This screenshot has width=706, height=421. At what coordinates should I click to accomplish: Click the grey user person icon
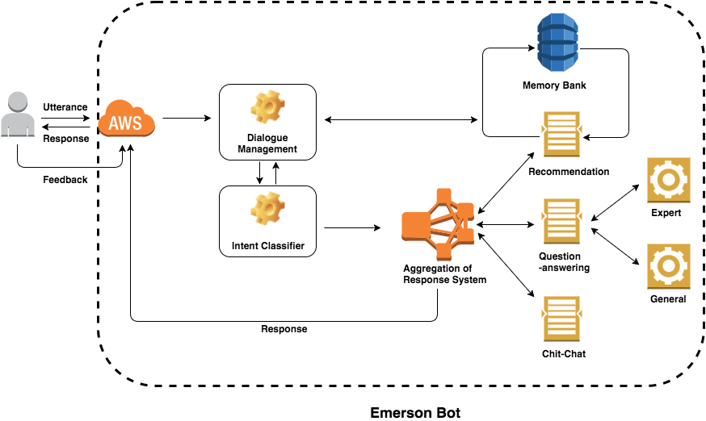point(18,115)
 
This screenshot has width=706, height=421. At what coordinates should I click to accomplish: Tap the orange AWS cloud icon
point(125,123)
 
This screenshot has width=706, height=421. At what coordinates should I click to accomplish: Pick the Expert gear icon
point(668,179)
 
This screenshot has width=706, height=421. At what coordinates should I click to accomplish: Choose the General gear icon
point(668,265)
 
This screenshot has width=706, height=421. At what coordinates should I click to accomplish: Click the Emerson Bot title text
point(415,412)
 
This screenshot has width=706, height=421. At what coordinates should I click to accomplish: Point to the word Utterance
point(65,106)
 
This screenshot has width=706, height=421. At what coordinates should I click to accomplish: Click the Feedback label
point(65,179)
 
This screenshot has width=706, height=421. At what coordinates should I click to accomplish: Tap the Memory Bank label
point(554,85)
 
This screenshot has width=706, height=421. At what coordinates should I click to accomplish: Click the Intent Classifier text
point(267,245)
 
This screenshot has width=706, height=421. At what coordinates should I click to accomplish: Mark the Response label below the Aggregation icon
point(284,329)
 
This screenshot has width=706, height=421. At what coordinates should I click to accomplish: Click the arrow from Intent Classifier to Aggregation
point(351,228)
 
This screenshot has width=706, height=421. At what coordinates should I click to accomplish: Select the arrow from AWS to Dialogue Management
point(186,119)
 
